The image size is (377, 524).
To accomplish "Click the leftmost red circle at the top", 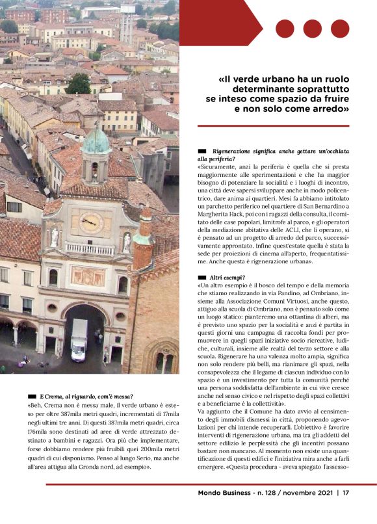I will (285, 29).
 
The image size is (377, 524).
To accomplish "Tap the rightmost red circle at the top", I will (340, 29).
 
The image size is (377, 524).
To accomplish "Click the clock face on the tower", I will (90, 223).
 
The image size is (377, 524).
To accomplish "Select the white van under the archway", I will (79, 339).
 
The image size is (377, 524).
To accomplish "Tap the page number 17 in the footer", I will (346, 492).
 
